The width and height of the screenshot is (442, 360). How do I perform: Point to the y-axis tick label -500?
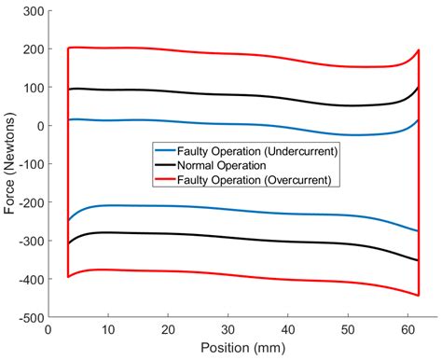[27, 317]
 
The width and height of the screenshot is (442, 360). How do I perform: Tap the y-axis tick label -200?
[27, 202]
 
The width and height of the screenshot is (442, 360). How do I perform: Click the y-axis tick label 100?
[32, 88]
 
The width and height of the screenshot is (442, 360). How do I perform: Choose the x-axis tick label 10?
[107, 329]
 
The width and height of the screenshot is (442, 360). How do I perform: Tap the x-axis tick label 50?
[347, 329]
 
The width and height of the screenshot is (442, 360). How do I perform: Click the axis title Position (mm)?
[241, 348]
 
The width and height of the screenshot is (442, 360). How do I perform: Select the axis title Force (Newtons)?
[10, 164]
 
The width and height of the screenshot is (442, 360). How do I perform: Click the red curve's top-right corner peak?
[418, 50]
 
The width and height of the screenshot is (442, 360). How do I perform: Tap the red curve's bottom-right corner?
[418, 295]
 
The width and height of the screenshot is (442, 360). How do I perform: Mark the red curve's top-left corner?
[69, 48]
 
